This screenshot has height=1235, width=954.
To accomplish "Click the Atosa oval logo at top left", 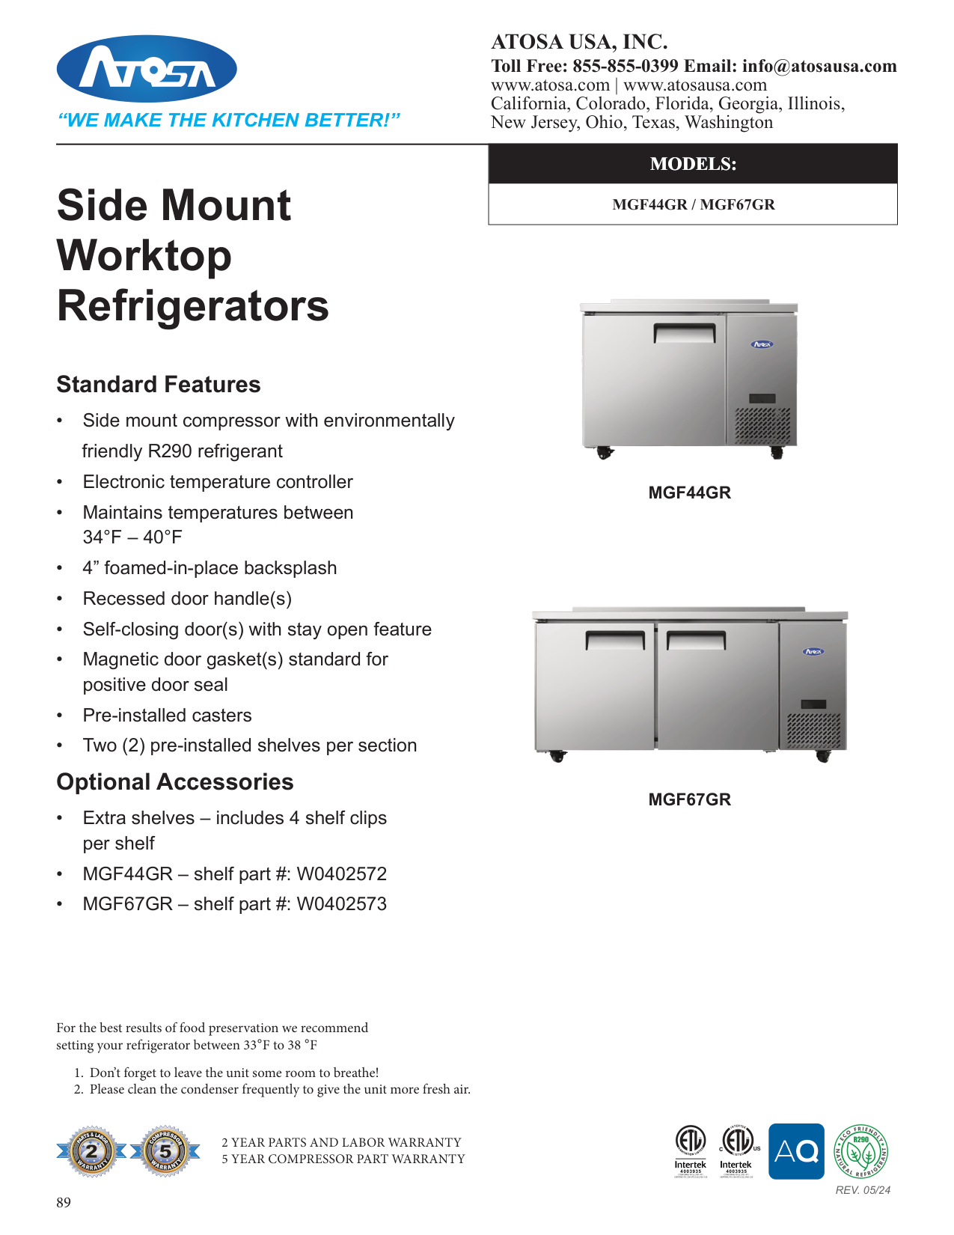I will (147, 69).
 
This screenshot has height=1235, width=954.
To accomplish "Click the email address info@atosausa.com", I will (819, 66).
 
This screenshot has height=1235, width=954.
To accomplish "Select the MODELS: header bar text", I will (693, 164).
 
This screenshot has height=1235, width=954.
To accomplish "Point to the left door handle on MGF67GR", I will (615, 640).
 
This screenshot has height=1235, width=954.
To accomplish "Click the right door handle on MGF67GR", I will (696, 640).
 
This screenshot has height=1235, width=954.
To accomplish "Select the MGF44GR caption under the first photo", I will (689, 493).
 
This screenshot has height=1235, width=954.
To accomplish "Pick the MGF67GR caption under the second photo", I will (689, 799).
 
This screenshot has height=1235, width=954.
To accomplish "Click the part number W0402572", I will (342, 873).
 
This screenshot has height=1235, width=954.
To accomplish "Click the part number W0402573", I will (342, 903).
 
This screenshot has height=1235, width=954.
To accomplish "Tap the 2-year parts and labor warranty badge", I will (91, 1151).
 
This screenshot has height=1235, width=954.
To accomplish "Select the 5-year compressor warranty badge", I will (165, 1151).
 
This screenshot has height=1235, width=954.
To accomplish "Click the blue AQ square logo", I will (796, 1151).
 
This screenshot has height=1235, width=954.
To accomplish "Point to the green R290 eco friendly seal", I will (860, 1151).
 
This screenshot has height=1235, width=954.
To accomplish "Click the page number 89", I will (64, 1203).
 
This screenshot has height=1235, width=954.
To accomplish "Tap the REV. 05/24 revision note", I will (863, 1190).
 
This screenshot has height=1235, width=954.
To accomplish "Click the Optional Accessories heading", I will (175, 781).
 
